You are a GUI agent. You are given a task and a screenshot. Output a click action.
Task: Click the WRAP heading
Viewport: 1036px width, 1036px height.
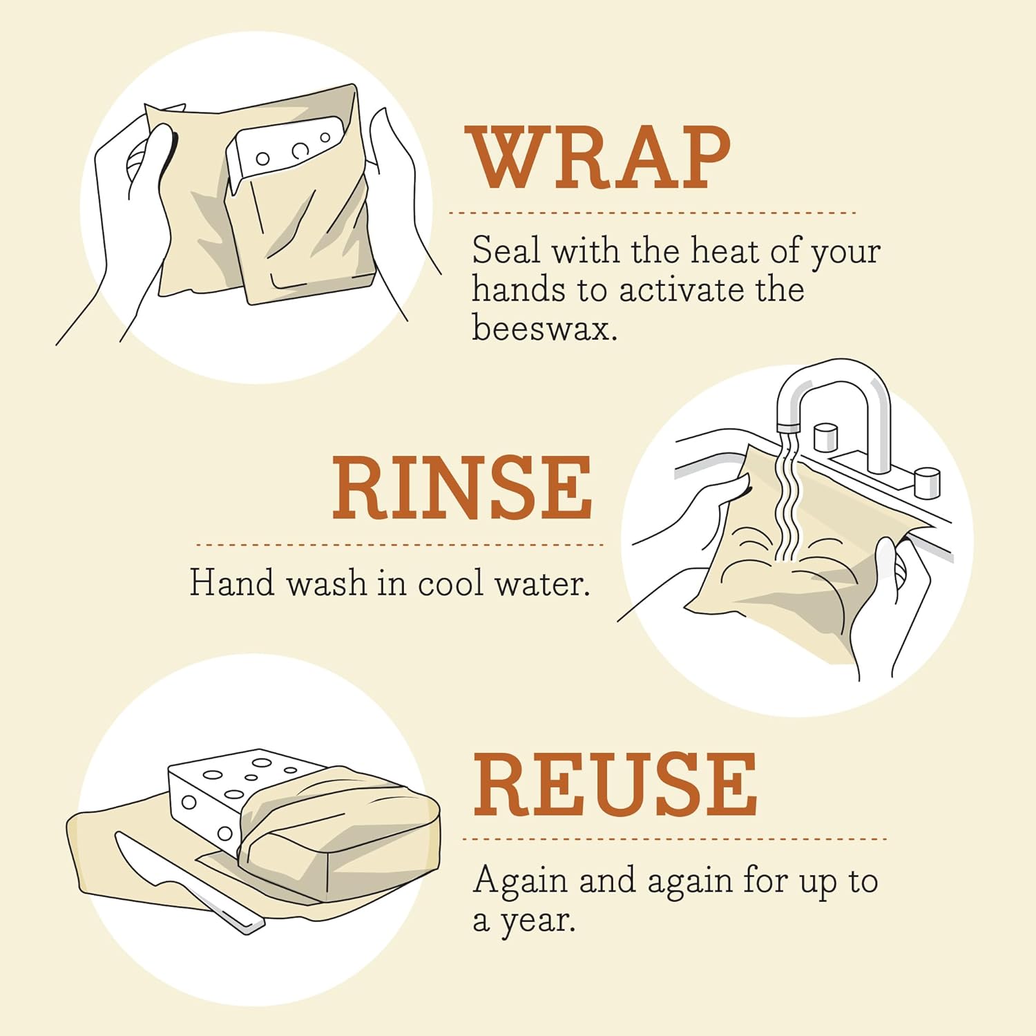(599, 158)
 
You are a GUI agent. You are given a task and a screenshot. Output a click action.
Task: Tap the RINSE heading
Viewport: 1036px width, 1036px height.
(462, 488)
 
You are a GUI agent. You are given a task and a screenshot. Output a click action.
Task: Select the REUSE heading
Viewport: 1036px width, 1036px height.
(615, 785)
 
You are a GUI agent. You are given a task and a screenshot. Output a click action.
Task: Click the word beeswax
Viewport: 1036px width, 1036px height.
(544, 327)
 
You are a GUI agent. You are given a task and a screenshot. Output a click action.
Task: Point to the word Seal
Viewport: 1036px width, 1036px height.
(506, 250)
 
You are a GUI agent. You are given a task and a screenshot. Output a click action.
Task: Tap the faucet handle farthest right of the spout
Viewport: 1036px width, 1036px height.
(927, 482)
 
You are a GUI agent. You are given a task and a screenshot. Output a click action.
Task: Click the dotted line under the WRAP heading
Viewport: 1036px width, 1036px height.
(652, 213)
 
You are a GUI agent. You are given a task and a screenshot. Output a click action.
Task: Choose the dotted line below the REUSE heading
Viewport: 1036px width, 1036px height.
(673, 839)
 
